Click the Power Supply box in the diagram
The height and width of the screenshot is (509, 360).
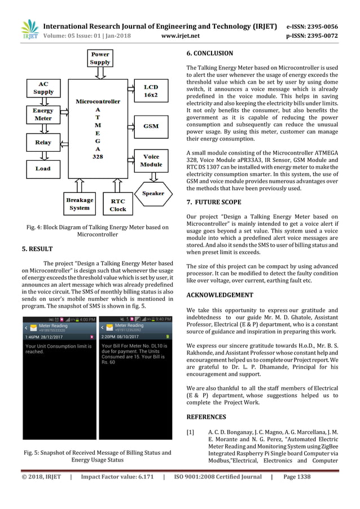click(x=99, y=58)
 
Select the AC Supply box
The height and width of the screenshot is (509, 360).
click(x=43, y=88)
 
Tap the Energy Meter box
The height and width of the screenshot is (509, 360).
click(x=43, y=115)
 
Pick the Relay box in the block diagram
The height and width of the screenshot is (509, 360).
click(x=43, y=142)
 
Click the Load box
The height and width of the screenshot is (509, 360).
click(x=43, y=168)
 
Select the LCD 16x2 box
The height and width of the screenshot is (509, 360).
click(x=151, y=91)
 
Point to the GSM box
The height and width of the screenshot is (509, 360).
click(x=151, y=126)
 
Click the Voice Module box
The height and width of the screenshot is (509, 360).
click(x=151, y=160)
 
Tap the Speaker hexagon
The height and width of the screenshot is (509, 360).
click(x=152, y=193)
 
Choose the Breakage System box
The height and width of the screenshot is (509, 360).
click(x=80, y=204)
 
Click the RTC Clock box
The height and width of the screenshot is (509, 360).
click(x=118, y=204)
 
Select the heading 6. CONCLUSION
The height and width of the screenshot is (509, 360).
click(x=209, y=55)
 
